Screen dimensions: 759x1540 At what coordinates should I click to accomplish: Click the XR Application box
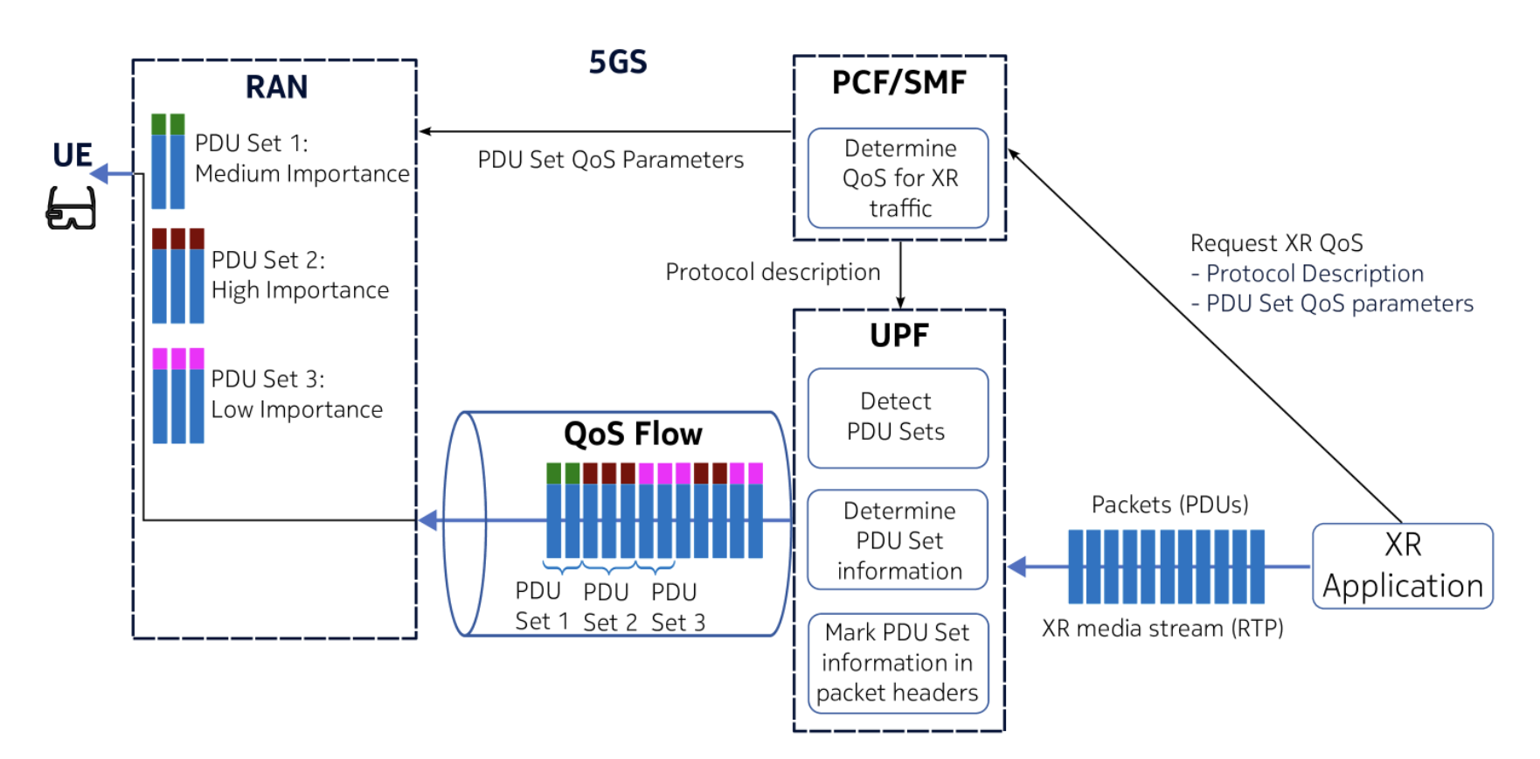tap(1402, 566)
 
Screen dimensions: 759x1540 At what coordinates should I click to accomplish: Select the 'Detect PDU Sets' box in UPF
tap(897, 417)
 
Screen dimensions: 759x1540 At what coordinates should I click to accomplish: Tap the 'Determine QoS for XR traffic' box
tap(898, 178)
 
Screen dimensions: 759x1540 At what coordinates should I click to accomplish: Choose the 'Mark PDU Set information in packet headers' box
tap(898, 663)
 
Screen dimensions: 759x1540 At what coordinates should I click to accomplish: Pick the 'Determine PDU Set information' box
tap(898, 540)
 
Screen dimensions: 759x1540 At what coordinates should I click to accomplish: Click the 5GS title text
tap(617, 63)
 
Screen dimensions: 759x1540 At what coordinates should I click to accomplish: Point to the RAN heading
tap(276, 87)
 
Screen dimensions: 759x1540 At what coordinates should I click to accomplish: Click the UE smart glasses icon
tap(71, 209)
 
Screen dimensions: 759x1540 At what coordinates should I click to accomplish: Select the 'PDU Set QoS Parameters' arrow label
tap(610, 160)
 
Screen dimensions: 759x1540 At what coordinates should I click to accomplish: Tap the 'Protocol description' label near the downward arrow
tap(773, 272)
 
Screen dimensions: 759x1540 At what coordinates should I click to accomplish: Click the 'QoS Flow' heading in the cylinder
tap(633, 434)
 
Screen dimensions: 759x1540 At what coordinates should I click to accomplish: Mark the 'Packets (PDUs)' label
tap(1169, 505)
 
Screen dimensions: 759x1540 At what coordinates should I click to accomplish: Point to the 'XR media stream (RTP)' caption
tap(1162, 628)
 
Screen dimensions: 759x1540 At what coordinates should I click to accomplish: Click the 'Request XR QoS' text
tap(1276, 243)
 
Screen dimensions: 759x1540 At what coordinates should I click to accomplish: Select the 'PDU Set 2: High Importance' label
tap(300, 275)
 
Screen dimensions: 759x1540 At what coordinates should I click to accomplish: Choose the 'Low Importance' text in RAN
tap(297, 409)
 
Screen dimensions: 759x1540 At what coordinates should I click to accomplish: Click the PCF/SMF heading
tap(898, 83)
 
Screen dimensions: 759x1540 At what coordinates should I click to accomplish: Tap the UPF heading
tap(898, 336)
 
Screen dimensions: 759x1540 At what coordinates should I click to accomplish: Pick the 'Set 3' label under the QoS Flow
tap(678, 623)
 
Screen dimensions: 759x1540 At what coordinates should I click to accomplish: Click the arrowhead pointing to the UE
tap(99, 173)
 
